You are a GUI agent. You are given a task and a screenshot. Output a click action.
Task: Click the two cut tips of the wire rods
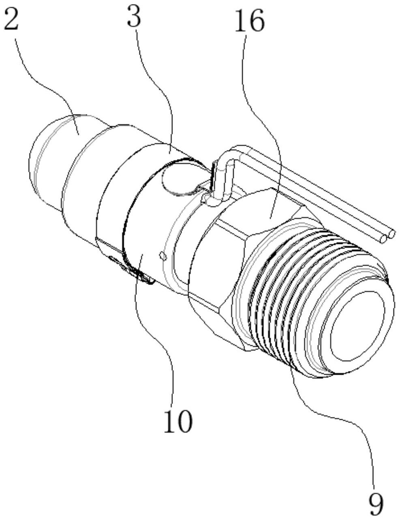click(387, 237)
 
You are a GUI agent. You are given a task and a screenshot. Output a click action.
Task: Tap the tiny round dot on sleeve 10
click(163, 255)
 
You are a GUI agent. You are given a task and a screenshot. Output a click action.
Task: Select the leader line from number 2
click(49, 81)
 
